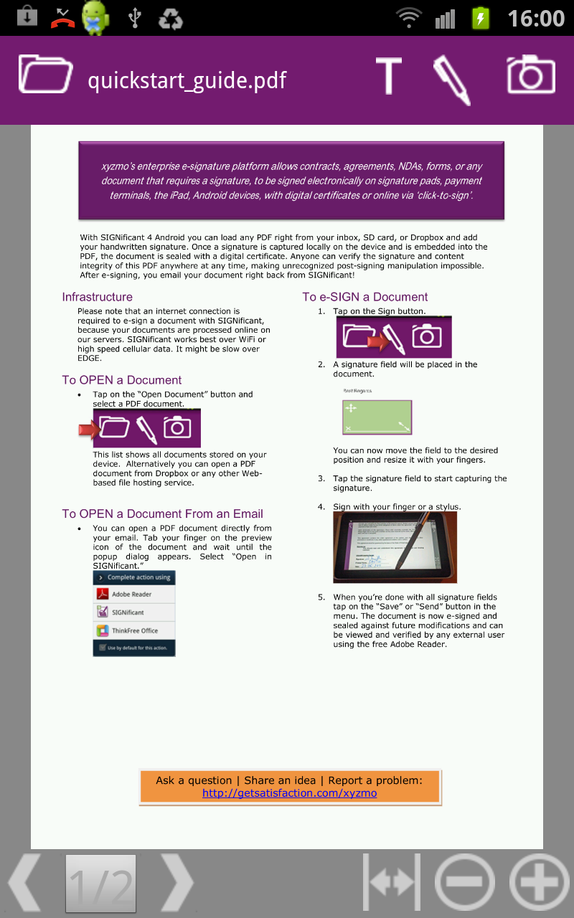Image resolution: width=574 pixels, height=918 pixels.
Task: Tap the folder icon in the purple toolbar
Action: pos(45,74)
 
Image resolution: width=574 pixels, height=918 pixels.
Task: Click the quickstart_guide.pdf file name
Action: pos(187,80)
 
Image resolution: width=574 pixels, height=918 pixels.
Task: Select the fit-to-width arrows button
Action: pos(391,882)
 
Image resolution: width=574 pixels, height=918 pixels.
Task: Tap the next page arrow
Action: pos(177,882)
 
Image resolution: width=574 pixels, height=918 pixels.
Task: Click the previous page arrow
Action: pos(25,882)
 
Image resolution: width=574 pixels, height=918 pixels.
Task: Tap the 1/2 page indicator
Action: pos(100,884)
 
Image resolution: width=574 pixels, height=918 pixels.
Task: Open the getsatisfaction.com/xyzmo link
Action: pos(289,793)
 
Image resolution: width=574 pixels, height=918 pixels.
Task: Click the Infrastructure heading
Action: pos(97,297)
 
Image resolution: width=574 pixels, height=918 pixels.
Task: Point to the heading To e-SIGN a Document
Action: pos(364,297)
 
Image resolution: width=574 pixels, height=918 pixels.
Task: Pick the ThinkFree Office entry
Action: pos(134,630)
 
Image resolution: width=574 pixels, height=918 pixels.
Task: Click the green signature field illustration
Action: pos(377,417)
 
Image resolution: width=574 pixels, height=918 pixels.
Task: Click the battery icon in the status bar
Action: pos(480,18)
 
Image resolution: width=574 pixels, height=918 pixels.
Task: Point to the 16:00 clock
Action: pos(536,18)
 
